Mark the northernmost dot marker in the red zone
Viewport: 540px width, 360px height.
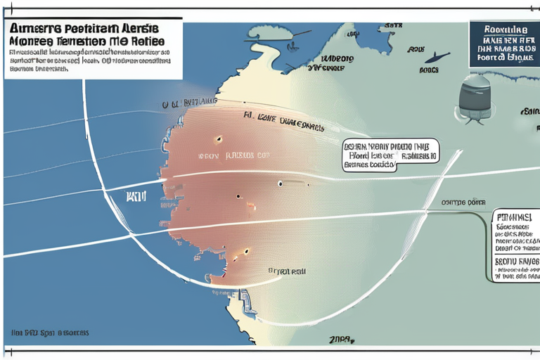tap(217, 139)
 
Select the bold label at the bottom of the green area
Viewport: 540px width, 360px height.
tap(341, 340)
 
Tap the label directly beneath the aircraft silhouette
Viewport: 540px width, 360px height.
tap(428, 70)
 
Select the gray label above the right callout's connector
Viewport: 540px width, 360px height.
tap(465, 202)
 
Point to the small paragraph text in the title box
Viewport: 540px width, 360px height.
tap(88, 60)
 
